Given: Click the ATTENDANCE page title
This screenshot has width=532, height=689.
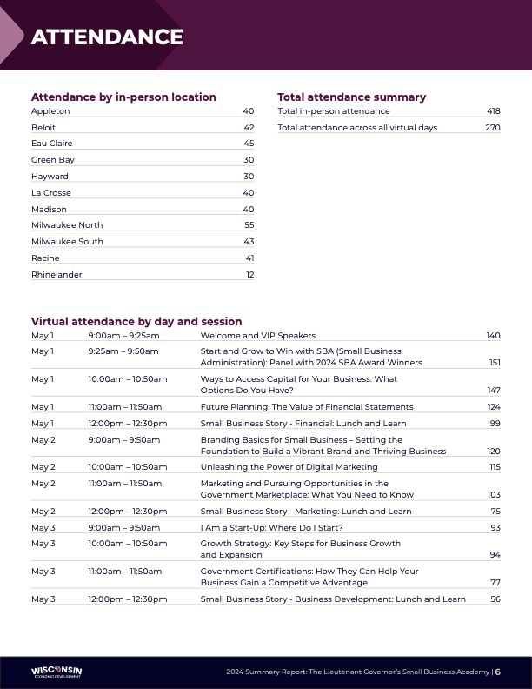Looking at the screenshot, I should pyautogui.click(x=107, y=37).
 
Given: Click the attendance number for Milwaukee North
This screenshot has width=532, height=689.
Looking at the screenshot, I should pyautogui.click(x=249, y=225).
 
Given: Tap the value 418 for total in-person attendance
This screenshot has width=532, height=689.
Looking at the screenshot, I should pyautogui.click(x=494, y=111).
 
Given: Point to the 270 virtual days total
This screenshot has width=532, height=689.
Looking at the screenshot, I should pyautogui.click(x=493, y=128).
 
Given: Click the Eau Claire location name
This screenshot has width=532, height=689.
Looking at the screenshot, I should pyautogui.click(x=52, y=144).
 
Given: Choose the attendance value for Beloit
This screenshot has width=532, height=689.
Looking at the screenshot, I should pyautogui.click(x=249, y=128).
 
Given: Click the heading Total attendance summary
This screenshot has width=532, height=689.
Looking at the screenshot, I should pyautogui.click(x=351, y=97).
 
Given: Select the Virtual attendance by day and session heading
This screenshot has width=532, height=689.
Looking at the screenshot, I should pyautogui.click(x=136, y=321).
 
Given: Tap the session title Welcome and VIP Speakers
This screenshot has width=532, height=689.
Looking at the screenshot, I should pyautogui.click(x=257, y=336).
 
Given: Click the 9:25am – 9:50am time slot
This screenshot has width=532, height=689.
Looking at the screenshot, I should pyautogui.click(x=123, y=351).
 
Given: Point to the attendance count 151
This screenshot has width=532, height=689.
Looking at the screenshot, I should pyautogui.click(x=495, y=363).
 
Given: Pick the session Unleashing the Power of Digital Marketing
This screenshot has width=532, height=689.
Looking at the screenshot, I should pyautogui.click(x=289, y=467).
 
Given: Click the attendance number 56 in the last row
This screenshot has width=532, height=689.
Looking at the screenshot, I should pyautogui.click(x=495, y=599).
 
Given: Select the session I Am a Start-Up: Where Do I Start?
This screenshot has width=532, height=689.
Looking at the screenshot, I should pyautogui.click(x=271, y=528).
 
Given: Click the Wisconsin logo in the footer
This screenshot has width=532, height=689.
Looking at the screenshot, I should pyautogui.click(x=57, y=672).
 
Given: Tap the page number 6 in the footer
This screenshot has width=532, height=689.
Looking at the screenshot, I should pyautogui.click(x=498, y=672).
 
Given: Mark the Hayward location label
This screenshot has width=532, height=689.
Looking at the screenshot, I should pyautogui.click(x=50, y=177).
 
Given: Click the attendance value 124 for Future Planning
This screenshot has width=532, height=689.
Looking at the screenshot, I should pyautogui.click(x=494, y=407).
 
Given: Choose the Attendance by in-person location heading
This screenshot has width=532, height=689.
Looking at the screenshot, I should pyautogui.click(x=123, y=97).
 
